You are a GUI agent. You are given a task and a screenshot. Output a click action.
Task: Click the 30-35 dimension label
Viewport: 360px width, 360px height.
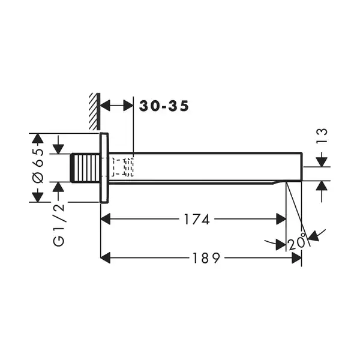tap(164, 106)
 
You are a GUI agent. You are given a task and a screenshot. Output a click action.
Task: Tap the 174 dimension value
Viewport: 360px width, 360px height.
tap(197, 219)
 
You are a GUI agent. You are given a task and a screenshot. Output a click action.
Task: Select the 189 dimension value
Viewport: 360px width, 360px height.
tap(206, 258)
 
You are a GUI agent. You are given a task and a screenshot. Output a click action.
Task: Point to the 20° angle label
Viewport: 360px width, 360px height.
tap(297, 242)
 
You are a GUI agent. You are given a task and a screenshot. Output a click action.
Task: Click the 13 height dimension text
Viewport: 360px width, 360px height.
tap(322, 136)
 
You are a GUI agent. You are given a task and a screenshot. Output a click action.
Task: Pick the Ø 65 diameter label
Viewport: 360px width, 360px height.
tap(38, 166)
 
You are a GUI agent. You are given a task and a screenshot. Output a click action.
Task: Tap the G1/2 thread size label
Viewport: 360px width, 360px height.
tap(59, 225)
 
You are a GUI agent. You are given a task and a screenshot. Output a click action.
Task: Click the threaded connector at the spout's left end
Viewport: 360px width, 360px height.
tap(85, 168)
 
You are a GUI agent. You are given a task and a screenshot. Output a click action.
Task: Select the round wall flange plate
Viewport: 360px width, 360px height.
tap(104, 168)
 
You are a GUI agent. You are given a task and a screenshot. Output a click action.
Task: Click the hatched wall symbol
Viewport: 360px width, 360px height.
tap(95, 112)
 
